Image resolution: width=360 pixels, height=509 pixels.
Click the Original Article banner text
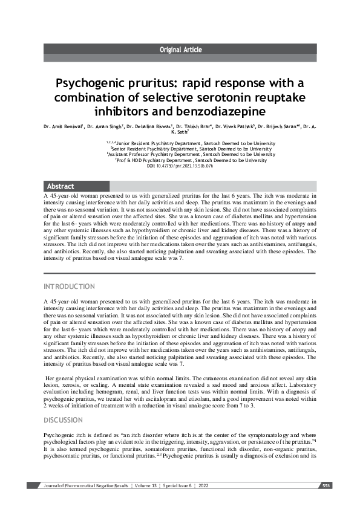coord(180,50)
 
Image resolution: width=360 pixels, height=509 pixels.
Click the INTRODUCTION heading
coord(69,286)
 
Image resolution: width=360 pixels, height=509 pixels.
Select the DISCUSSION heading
coord(64,420)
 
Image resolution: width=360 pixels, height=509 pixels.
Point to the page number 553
coord(326,485)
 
